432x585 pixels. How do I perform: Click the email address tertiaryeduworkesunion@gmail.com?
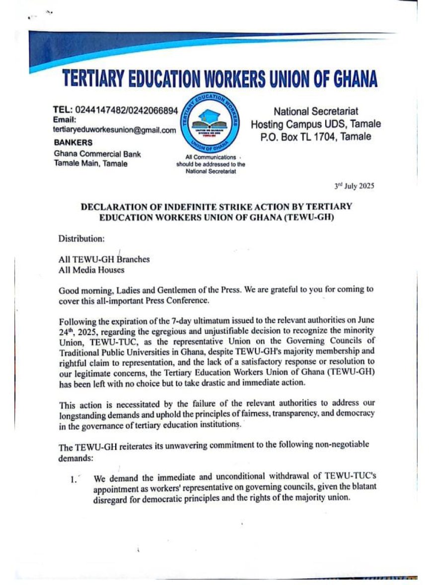(x=114, y=130)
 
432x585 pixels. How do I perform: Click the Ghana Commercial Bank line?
(x=97, y=154)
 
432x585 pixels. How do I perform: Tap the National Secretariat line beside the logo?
(x=316, y=112)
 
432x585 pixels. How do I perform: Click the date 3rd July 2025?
(x=354, y=187)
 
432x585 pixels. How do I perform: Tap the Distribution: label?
(x=82, y=238)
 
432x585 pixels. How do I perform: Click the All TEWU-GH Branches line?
(x=104, y=259)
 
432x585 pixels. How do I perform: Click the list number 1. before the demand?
(x=74, y=480)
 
